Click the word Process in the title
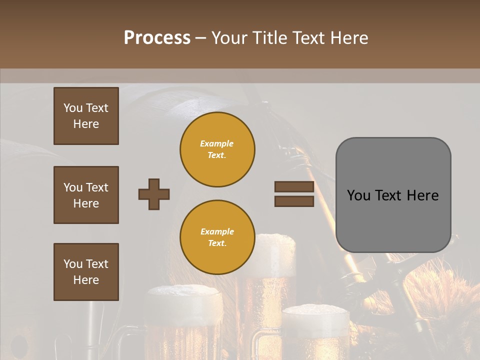tap(157, 38)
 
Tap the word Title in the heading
tap(269, 38)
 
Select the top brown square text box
tap(86, 116)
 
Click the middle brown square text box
tap(86, 195)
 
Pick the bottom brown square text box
tap(86, 272)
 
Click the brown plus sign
tap(154, 194)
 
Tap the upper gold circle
tap(217, 149)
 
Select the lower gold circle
tap(217, 237)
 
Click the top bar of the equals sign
tap(294, 187)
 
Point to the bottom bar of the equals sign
tap(294, 201)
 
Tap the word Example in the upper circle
tap(216, 144)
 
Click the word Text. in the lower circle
tap(217, 243)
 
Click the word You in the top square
tap(73, 108)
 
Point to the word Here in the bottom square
tap(86, 280)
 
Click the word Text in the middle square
tap(97, 187)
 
